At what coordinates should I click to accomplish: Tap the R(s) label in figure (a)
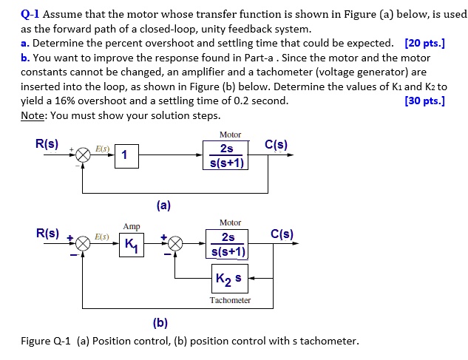tap(47, 145)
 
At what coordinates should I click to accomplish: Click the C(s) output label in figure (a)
tap(277, 145)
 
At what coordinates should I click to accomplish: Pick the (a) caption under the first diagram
tap(163, 206)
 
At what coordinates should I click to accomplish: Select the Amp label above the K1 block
tap(132, 226)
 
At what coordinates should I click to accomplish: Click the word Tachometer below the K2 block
tap(230, 300)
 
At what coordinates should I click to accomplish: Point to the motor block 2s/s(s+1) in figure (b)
tap(228, 245)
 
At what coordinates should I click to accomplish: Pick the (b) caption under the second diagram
tap(160, 322)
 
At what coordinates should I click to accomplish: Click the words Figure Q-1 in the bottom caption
tap(46, 341)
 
